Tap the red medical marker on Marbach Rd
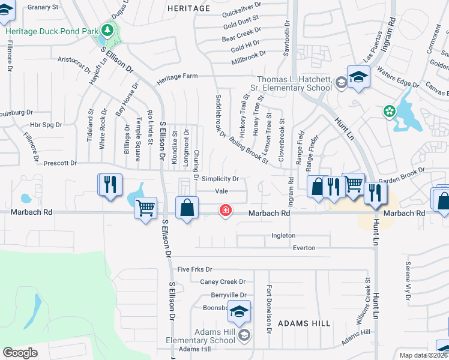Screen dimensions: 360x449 pos(226,211)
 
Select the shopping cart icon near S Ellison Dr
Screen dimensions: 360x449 pos(145,208)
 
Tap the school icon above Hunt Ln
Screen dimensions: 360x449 pos(358,77)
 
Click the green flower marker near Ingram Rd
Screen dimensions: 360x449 pos(390,111)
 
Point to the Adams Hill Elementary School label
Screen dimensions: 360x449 pos(206,336)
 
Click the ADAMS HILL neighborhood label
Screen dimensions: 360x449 pos(304,323)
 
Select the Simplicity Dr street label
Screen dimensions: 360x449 pos(220,179)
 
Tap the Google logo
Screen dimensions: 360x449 pos(20,353)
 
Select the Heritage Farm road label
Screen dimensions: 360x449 pos(177,77)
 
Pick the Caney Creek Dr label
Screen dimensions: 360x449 pos(223,282)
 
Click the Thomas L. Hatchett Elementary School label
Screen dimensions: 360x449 pos(294,83)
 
